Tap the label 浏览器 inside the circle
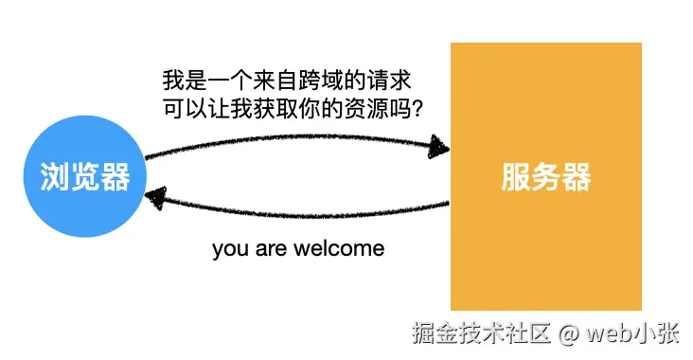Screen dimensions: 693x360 click(84, 177)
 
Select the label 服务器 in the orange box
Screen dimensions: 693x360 click(546, 177)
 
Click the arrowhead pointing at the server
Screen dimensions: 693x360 click(438, 147)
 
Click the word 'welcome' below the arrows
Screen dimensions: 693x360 click(337, 249)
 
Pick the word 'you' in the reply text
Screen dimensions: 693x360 click(230, 249)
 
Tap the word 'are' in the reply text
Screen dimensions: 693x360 click(268, 249)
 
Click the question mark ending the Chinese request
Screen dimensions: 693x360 click(414, 109)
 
